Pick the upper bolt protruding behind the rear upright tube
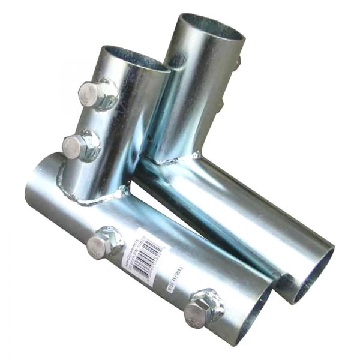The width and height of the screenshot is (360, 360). (x=238, y=62)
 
